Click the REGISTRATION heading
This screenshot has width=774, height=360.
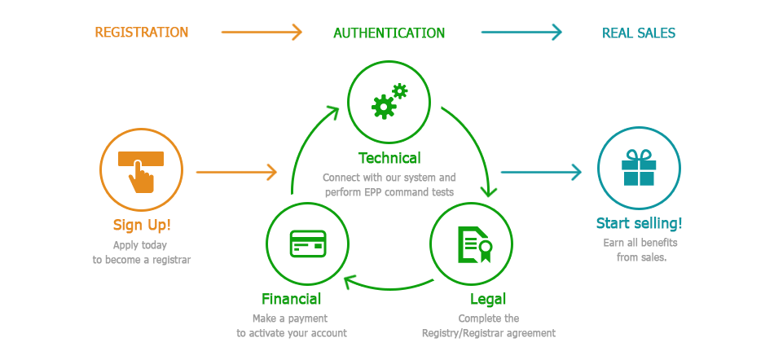[141, 33]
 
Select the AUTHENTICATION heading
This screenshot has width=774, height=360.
[389, 33]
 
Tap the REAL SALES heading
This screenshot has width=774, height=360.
[638, 33]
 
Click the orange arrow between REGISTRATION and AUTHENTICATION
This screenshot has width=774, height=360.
[262, 33]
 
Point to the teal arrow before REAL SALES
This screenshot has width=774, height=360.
[521, 33]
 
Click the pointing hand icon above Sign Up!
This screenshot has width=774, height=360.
[141, 170]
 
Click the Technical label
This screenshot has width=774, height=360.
[389, 158]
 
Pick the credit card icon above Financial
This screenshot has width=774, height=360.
[307, 243]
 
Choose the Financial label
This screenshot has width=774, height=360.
[291, 299]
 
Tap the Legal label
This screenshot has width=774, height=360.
[487, 299]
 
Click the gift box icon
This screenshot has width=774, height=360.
[639, 168]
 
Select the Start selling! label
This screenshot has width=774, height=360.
[639, 223]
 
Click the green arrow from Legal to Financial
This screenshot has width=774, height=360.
[389, 288]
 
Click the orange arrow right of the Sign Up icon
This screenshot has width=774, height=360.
[236, 172]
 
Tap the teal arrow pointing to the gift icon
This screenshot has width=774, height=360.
[541, 172]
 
